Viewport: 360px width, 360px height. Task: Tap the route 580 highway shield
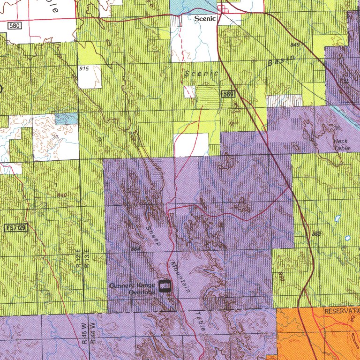[15, 25]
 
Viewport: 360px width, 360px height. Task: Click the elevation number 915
[84, 69]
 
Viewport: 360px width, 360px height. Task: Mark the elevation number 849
[295, 45]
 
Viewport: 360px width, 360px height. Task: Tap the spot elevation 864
[136, 248]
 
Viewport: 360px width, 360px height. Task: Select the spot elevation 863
[316, 233]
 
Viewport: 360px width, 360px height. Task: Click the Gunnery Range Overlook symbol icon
[165, 286]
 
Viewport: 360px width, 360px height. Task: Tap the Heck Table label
[341, 144]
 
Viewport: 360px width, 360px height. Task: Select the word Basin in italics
[282, 60]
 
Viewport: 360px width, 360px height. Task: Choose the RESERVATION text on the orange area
[341, 311]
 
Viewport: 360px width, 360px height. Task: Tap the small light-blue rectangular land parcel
[66, 119]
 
